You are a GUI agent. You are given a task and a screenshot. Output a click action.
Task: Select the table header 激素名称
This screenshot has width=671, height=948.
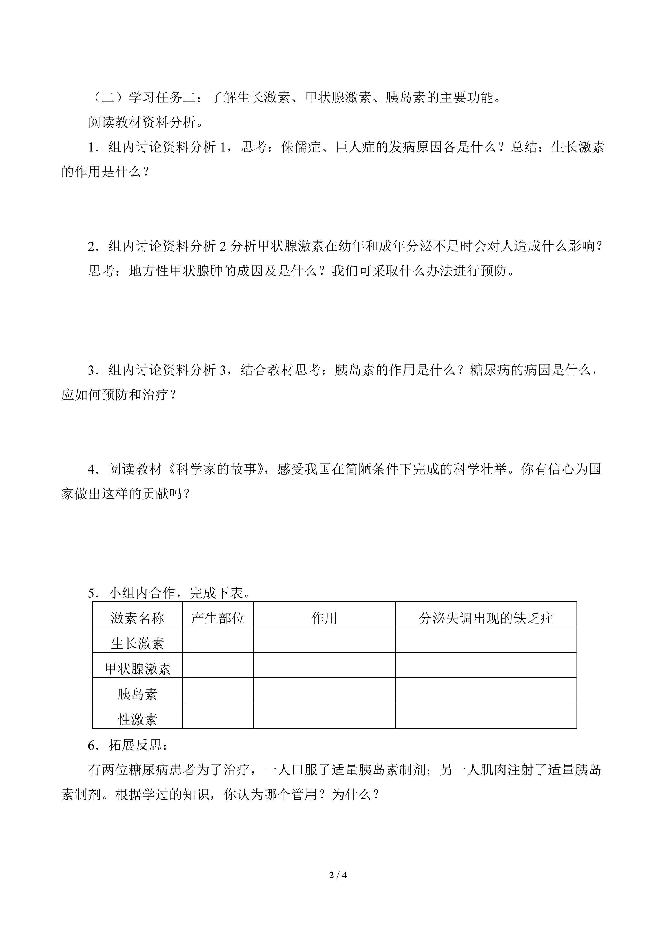pos(137,618)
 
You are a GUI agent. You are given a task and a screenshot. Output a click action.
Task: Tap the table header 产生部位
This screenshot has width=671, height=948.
pos(218,618)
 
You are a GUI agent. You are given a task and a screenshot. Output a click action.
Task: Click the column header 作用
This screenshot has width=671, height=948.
pos(324,618)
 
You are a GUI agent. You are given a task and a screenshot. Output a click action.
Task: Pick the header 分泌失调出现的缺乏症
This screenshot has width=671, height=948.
pos(486,618)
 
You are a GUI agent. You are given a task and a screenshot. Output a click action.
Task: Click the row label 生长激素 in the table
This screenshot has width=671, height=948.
pos(137,643)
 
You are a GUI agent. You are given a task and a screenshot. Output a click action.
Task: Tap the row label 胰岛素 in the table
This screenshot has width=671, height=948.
pos(137,694)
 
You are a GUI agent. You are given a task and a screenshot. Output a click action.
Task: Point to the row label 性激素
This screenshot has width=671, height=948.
pos(137,720)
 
